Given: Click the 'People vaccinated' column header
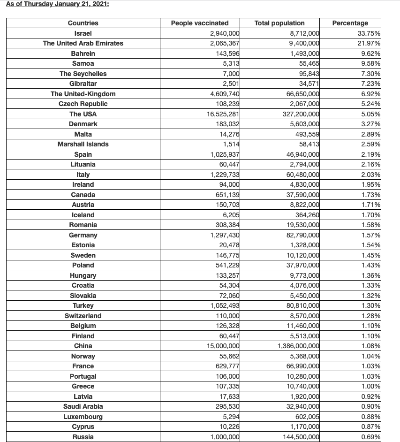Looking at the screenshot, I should (200, 23).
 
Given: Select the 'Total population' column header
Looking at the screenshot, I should (279, 23).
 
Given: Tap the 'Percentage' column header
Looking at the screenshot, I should (350, 23).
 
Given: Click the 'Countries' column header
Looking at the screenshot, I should (83, 23).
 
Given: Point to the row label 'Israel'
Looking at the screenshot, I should (83, 33).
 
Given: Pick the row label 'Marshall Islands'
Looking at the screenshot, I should (83, 144).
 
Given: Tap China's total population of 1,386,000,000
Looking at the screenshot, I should (298, 346).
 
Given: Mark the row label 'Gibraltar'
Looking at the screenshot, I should (83, 84).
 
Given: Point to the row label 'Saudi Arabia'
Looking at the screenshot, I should (83, 406).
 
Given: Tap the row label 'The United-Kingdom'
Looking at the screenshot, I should (83, 94).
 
